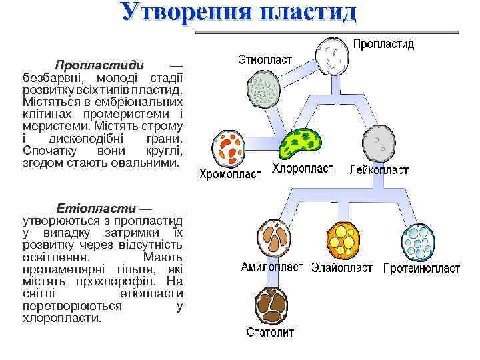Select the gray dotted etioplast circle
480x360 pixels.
click(263, 88)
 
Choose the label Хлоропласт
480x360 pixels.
click(303, 169)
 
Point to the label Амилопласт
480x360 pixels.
click(273, 268)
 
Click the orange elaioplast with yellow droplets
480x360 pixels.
click(343, 237)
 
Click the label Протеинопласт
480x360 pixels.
click(421, 269)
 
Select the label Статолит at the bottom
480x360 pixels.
click(270, 332)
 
